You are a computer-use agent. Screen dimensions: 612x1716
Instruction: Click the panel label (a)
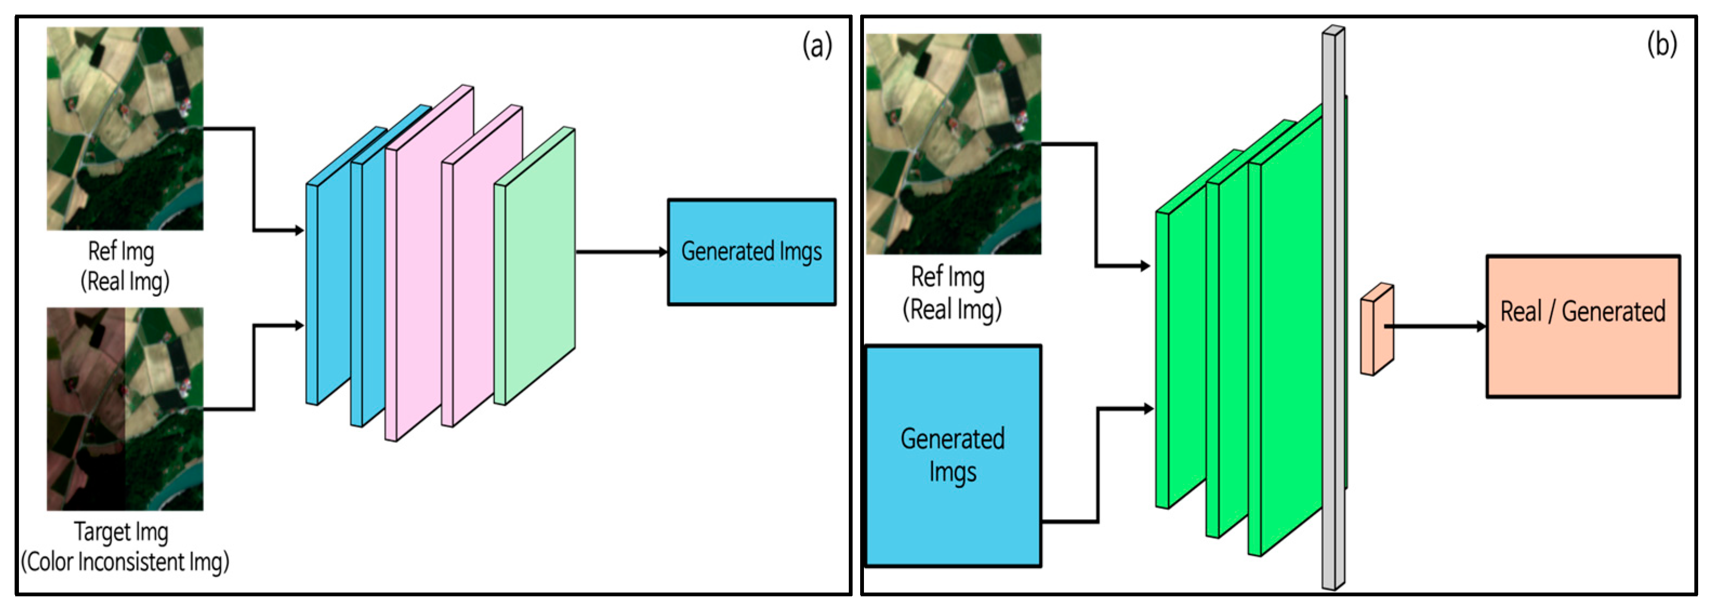tap(817, 46)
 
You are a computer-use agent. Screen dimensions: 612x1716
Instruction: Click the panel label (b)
tap(1661, 45)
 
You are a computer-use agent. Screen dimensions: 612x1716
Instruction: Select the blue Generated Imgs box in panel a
tap(751, 252)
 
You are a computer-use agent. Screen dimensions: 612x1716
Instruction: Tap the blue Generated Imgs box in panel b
tap(953, 456)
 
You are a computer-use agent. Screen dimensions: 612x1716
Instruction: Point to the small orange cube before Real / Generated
tap(1376, 330)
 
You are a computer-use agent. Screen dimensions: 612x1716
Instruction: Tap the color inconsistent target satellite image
tap(124, 408)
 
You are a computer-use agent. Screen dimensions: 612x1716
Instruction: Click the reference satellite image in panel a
tap(124, 128)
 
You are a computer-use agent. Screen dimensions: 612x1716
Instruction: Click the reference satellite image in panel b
tap(953, 143)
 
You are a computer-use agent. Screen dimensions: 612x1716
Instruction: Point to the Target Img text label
tap(121, 531)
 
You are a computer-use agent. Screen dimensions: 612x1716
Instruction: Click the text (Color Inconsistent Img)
tap(124, 561)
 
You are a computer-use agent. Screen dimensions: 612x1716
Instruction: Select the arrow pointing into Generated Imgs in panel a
tap(619, 252)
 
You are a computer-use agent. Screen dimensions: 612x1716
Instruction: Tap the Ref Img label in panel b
tap(947, 276)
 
